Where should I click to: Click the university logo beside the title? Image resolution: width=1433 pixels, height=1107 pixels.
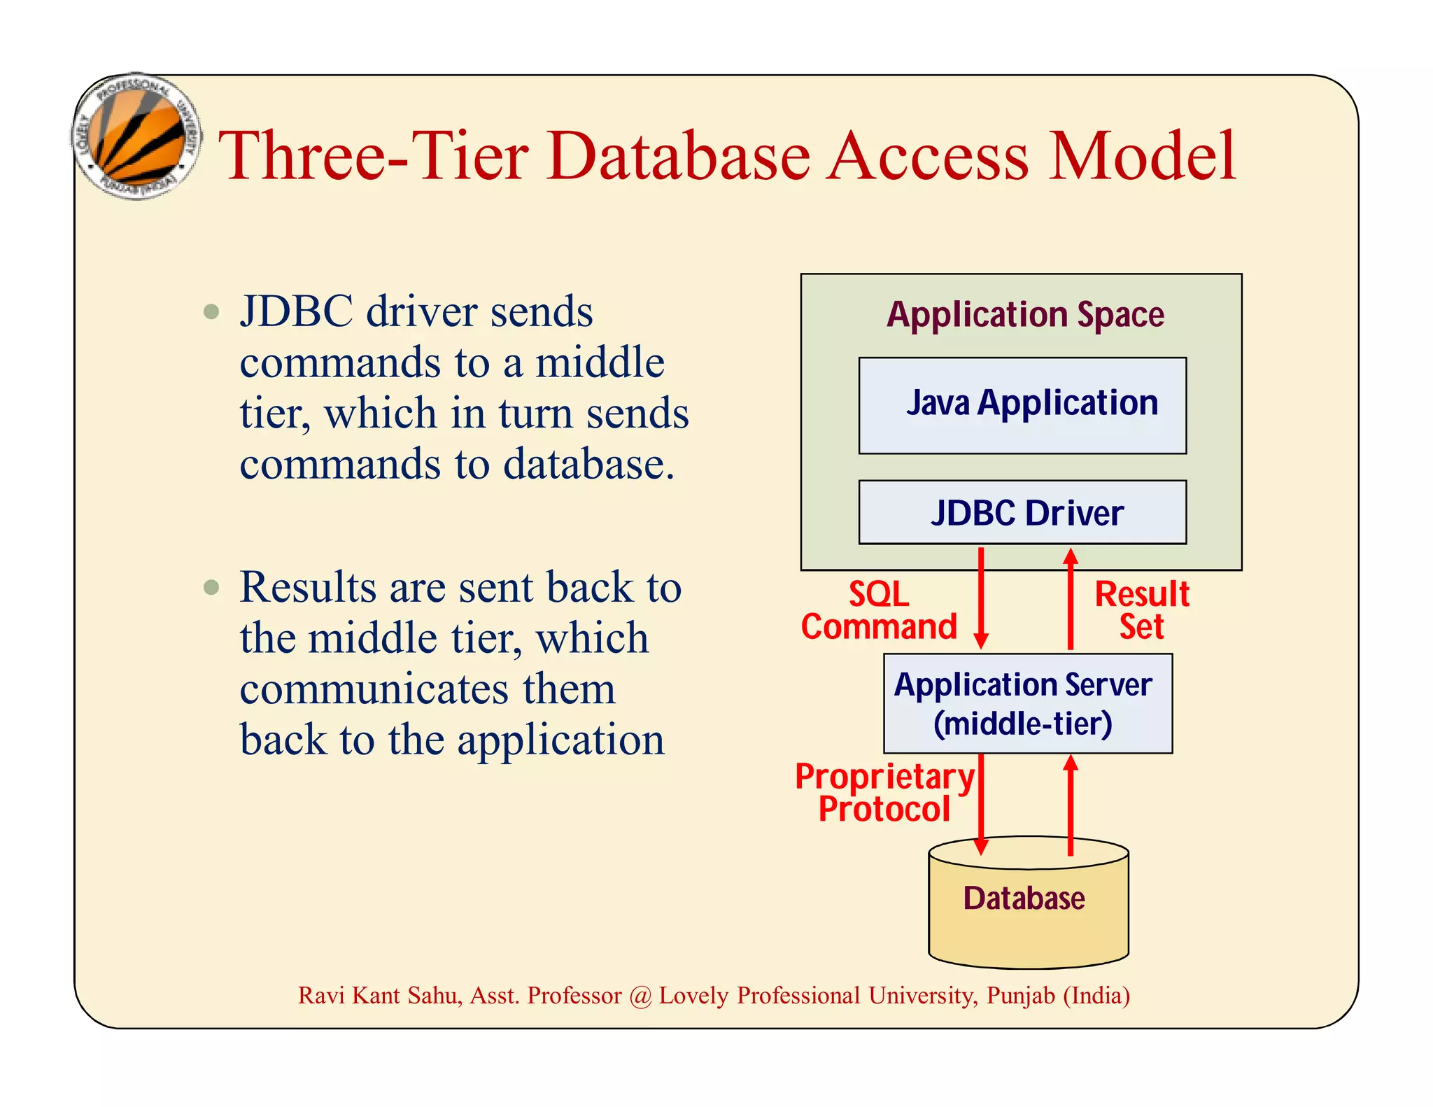click(x=138, y=136)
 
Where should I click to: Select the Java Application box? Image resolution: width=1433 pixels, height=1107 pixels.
click(x=1022, y=405)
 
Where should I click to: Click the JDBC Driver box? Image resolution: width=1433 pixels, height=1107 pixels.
click(x=1022, y=512)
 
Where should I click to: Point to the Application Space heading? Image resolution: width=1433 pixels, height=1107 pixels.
click(x=1025, y=315)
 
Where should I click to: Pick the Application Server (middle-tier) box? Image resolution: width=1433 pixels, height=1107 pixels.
click(x=1027, y=703)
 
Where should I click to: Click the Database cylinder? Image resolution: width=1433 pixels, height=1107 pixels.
click(x=1028, y=903)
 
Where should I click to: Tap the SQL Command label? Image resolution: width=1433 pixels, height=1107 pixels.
click(x=879, y=610)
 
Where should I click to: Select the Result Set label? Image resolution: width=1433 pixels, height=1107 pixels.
click(x=1142, y=610)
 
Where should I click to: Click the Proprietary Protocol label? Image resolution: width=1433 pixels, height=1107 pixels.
click(x=884, y=793)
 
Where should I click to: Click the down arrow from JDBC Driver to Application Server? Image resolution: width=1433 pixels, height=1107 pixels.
click(x=981, y=599)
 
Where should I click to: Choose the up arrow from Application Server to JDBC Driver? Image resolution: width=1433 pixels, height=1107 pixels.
click(x=1070, y=599)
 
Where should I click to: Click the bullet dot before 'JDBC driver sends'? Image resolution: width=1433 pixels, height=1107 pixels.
click(x=211, y=311)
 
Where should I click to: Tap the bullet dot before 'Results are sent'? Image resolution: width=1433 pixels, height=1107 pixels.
click(x=211, y=586)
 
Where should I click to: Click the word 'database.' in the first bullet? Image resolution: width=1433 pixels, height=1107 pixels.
click(x=589, y=465)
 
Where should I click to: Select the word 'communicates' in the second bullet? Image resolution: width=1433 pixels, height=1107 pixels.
click(x=374, y=689)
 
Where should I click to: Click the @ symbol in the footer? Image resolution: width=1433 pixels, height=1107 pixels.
click(x=640, y=996)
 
